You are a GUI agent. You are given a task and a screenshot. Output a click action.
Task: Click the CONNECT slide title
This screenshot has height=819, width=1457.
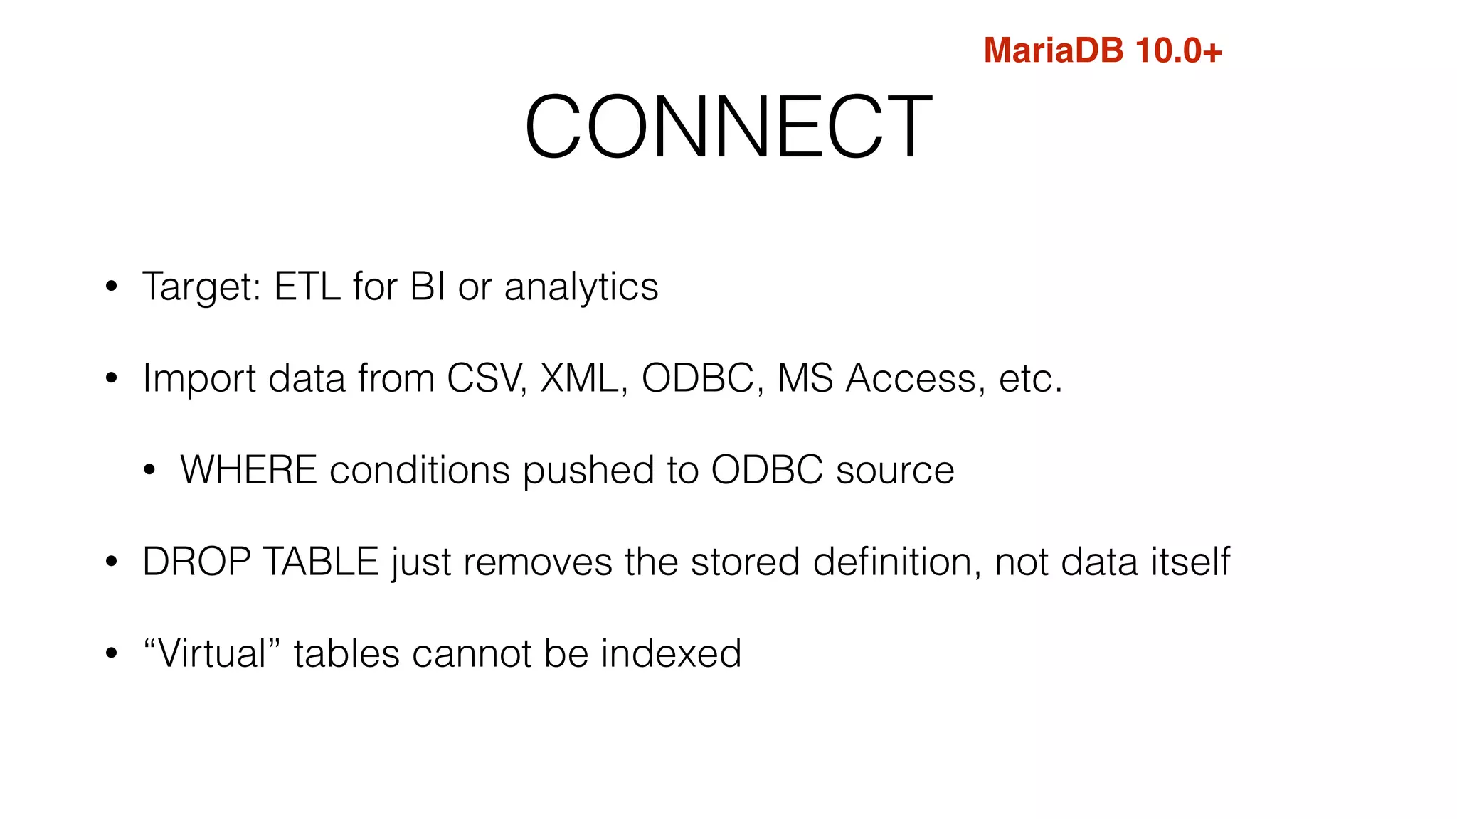pyautogui.click(x=728, y=127)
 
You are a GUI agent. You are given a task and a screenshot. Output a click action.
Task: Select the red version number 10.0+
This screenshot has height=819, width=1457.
pyautogui.click(x=1179, y=51)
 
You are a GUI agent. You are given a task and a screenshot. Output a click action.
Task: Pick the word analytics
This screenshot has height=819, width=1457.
pyautogui.click(x=581, y=287)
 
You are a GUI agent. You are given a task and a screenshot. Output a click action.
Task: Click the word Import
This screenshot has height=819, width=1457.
pyautogui.click(x=199, y=378)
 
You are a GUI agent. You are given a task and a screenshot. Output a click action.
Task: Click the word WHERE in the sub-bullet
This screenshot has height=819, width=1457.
pyautogui.click(x=248, y=470)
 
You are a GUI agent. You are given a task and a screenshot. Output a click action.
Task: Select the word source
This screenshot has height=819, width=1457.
pyautogui.click(x=895, y=471)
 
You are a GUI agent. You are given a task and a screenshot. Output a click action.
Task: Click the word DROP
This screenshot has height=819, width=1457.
pyautogui.click(x=197, y=562)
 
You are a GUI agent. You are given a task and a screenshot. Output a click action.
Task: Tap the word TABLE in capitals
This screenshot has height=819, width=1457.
pyautogui.click(x=321, y=562)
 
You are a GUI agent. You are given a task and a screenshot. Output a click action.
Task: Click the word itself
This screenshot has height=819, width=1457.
pyautogui.click(x=1190, y=562)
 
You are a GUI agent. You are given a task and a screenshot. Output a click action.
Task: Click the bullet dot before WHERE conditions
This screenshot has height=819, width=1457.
pyautogui.click(x=149, y=471)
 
